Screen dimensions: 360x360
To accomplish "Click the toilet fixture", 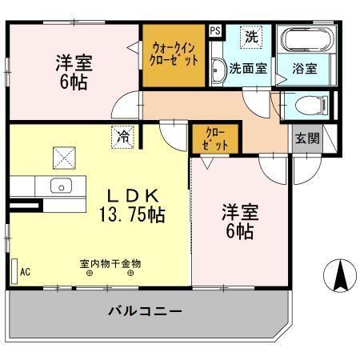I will coord(310,105).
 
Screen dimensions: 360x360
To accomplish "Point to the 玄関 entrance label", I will coord(306,138).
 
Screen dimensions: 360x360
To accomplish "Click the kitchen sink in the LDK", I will coord(61,186).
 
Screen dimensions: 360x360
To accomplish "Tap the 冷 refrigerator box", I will coord(122,137).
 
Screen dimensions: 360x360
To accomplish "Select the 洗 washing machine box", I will coord(251,36).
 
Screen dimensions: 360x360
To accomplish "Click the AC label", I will coord(25,272).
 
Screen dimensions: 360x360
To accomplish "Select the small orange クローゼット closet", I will coord(214,139).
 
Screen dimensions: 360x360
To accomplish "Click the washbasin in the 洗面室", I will coord(218,71).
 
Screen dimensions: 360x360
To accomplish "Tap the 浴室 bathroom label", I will coord(304,69).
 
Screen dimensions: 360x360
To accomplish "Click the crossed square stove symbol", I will coord(63,156).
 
